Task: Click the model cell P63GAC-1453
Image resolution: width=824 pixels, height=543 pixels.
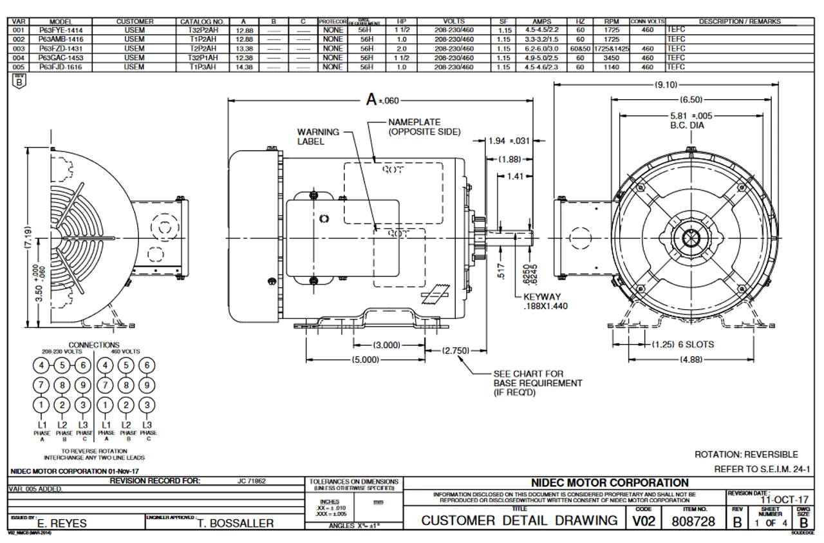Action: (64, 56)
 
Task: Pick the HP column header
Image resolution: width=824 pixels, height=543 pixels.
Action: (402, 21)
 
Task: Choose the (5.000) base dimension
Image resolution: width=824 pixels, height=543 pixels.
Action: (360, 359)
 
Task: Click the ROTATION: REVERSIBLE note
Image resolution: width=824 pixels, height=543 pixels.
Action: (746, 454)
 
